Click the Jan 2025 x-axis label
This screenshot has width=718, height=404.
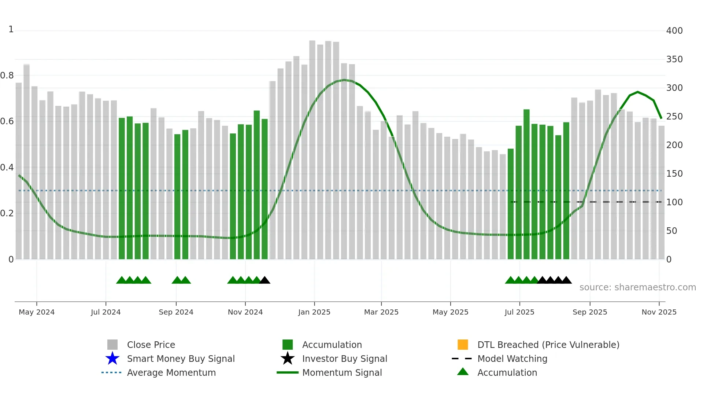pos(314,312)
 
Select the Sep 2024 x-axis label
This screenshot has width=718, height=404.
pos(176,312)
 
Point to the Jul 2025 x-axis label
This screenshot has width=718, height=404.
pos(519,312)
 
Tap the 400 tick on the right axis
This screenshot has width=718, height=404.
pos(674,31)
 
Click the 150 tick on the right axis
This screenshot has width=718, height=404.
pos(674,174)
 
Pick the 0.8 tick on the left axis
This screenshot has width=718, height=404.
pos(7,76)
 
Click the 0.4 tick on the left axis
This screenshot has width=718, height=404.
pos(7,168)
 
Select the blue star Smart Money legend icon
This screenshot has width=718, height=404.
pos(112,359)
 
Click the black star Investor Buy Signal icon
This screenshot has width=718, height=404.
pos(288,359)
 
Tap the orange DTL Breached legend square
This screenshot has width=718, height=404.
pos(463,345)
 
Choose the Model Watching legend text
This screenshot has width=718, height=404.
pos(512,359)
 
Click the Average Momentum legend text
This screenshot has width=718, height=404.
pos(171,372)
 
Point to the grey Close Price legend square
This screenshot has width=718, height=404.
pos(112,345)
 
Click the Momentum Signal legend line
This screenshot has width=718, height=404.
pos(288,372)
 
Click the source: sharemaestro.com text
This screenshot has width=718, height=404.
pos(637,287)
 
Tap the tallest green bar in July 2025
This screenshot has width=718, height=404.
pos(526,183)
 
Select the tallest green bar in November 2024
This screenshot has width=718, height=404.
pos(257,183)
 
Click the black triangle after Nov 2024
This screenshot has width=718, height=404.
pos(264,280)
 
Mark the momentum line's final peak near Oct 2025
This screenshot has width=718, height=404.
pos(638,92)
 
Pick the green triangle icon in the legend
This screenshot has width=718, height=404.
pos(463,372)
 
